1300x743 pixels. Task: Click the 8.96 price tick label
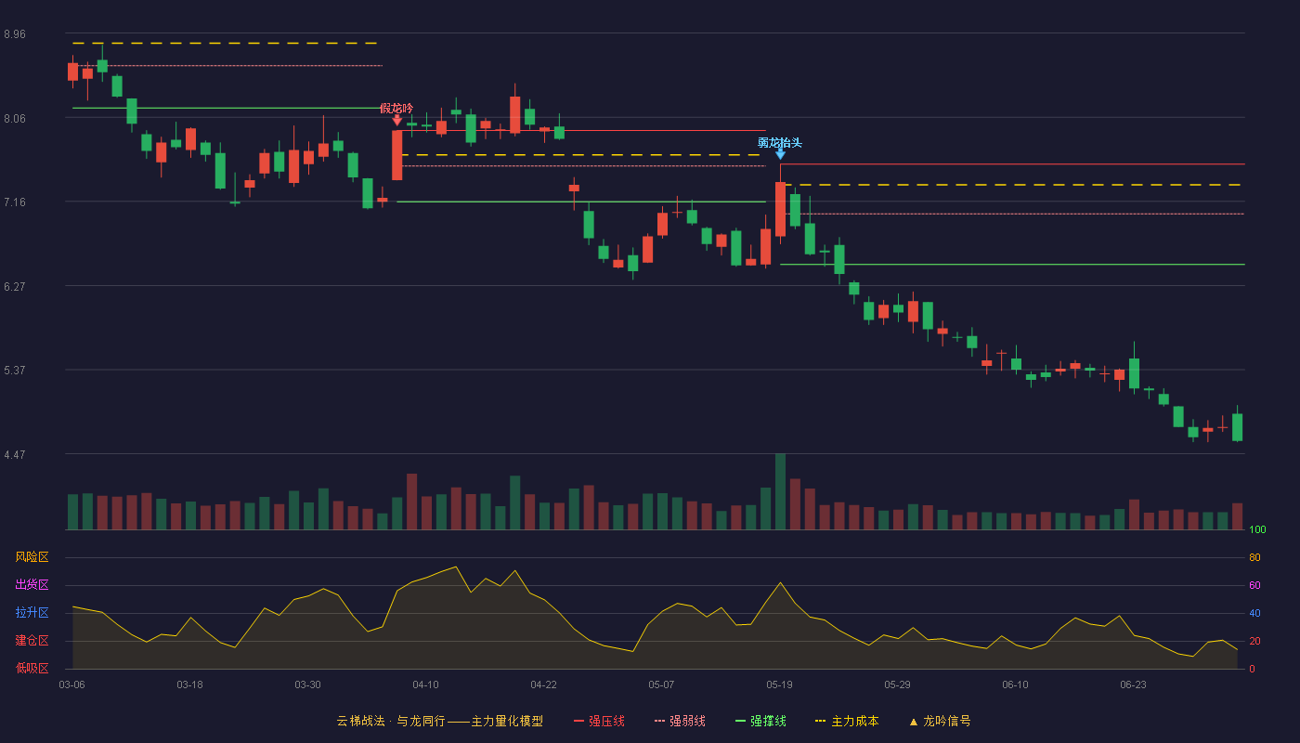[15, 34]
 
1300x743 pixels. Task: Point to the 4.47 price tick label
[15, 455]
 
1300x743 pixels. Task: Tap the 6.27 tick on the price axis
[15, 287]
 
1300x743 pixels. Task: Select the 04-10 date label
[425, 685]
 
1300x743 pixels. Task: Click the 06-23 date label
[1133, 685]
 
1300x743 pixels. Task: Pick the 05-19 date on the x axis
[779, 685]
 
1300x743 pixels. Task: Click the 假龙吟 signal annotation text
[396, 109]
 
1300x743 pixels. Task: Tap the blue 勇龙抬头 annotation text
[780, 143]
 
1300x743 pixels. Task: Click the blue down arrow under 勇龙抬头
[781, 154]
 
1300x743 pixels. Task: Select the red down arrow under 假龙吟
[397, 120]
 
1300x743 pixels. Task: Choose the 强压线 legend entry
[599, 721]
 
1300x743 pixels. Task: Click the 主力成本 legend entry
[847, 721]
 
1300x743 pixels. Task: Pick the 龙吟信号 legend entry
[940, 721]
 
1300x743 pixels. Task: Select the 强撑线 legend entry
[760, 721]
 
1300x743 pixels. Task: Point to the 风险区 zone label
[32, 557]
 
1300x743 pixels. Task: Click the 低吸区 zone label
[32, 669]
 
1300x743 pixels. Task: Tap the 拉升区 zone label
[32, 613]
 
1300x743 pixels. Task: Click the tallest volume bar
[781, 491]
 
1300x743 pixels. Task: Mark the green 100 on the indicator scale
[1257, 529]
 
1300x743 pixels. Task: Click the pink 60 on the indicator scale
[1254, 585]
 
